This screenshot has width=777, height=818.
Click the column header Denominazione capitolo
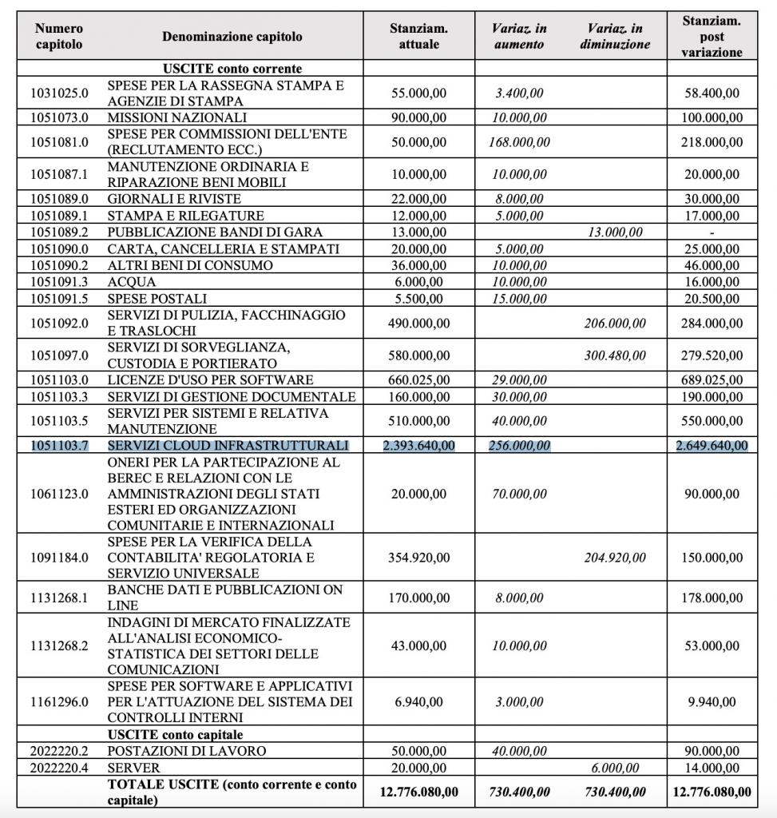tap(232, 37)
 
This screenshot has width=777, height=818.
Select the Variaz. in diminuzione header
tap(615, 37)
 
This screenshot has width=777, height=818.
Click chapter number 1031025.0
tap(59, 93)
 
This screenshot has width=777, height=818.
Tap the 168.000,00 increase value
tap(519, 142)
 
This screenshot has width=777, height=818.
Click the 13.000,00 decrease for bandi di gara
tap(615, 232)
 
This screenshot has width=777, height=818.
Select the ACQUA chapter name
tap(132, 282)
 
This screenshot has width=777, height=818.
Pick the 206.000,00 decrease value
tap(615, 324)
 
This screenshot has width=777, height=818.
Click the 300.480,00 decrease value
tap(615, 355)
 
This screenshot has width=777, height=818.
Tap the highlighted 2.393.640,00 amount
tap(419, 445)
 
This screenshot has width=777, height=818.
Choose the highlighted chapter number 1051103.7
tap(59, 445)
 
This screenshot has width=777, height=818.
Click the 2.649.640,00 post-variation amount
tap(712, 445)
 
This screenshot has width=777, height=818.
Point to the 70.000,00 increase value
tap(519, 494)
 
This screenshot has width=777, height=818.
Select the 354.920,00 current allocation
tap(419, 558)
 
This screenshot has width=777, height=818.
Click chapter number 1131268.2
tap(59, 645)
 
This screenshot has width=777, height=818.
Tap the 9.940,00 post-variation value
tap(712, 702)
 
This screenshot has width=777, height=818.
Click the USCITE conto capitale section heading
tap(176, 734)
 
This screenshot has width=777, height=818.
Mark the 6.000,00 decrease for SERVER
tap(615, 768)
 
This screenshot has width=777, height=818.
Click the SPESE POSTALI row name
tap(152, 298)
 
